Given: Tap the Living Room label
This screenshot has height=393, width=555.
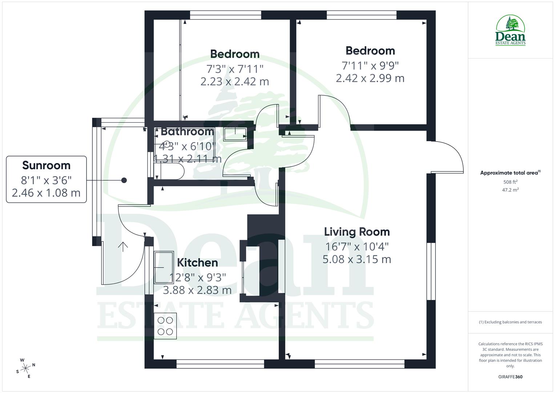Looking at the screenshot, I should pos(357,232).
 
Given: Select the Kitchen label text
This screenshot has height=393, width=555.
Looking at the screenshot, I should pos(197,262).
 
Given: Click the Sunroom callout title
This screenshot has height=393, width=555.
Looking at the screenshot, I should pos(46,165).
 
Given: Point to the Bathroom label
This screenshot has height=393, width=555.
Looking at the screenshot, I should pos(187,131).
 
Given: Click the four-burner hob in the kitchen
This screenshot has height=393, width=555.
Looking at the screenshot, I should pos(165,326).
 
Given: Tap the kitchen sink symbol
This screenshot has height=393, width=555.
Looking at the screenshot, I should pos(164,267).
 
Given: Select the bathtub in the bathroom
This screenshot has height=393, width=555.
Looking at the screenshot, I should pos(169,171).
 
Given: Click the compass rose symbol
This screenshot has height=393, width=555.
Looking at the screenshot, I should pos(26,368).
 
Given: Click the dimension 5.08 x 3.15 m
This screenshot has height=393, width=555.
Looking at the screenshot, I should pos(357,259).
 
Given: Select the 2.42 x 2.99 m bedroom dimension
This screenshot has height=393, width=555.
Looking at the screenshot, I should pos(370,78).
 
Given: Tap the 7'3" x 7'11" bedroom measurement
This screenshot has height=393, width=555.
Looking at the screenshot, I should pos(234,68).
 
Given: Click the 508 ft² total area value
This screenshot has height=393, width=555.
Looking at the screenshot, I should pos(510,182).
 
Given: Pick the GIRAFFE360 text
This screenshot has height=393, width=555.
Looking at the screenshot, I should pos(510,377).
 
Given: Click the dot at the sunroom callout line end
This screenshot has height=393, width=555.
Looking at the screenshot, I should pos(124,180).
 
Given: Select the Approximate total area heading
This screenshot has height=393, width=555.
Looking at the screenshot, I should pos(510,173).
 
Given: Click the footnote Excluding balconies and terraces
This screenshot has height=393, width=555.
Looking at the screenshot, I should pos(510,322).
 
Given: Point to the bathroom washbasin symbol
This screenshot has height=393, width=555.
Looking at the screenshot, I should pos(236,134).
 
